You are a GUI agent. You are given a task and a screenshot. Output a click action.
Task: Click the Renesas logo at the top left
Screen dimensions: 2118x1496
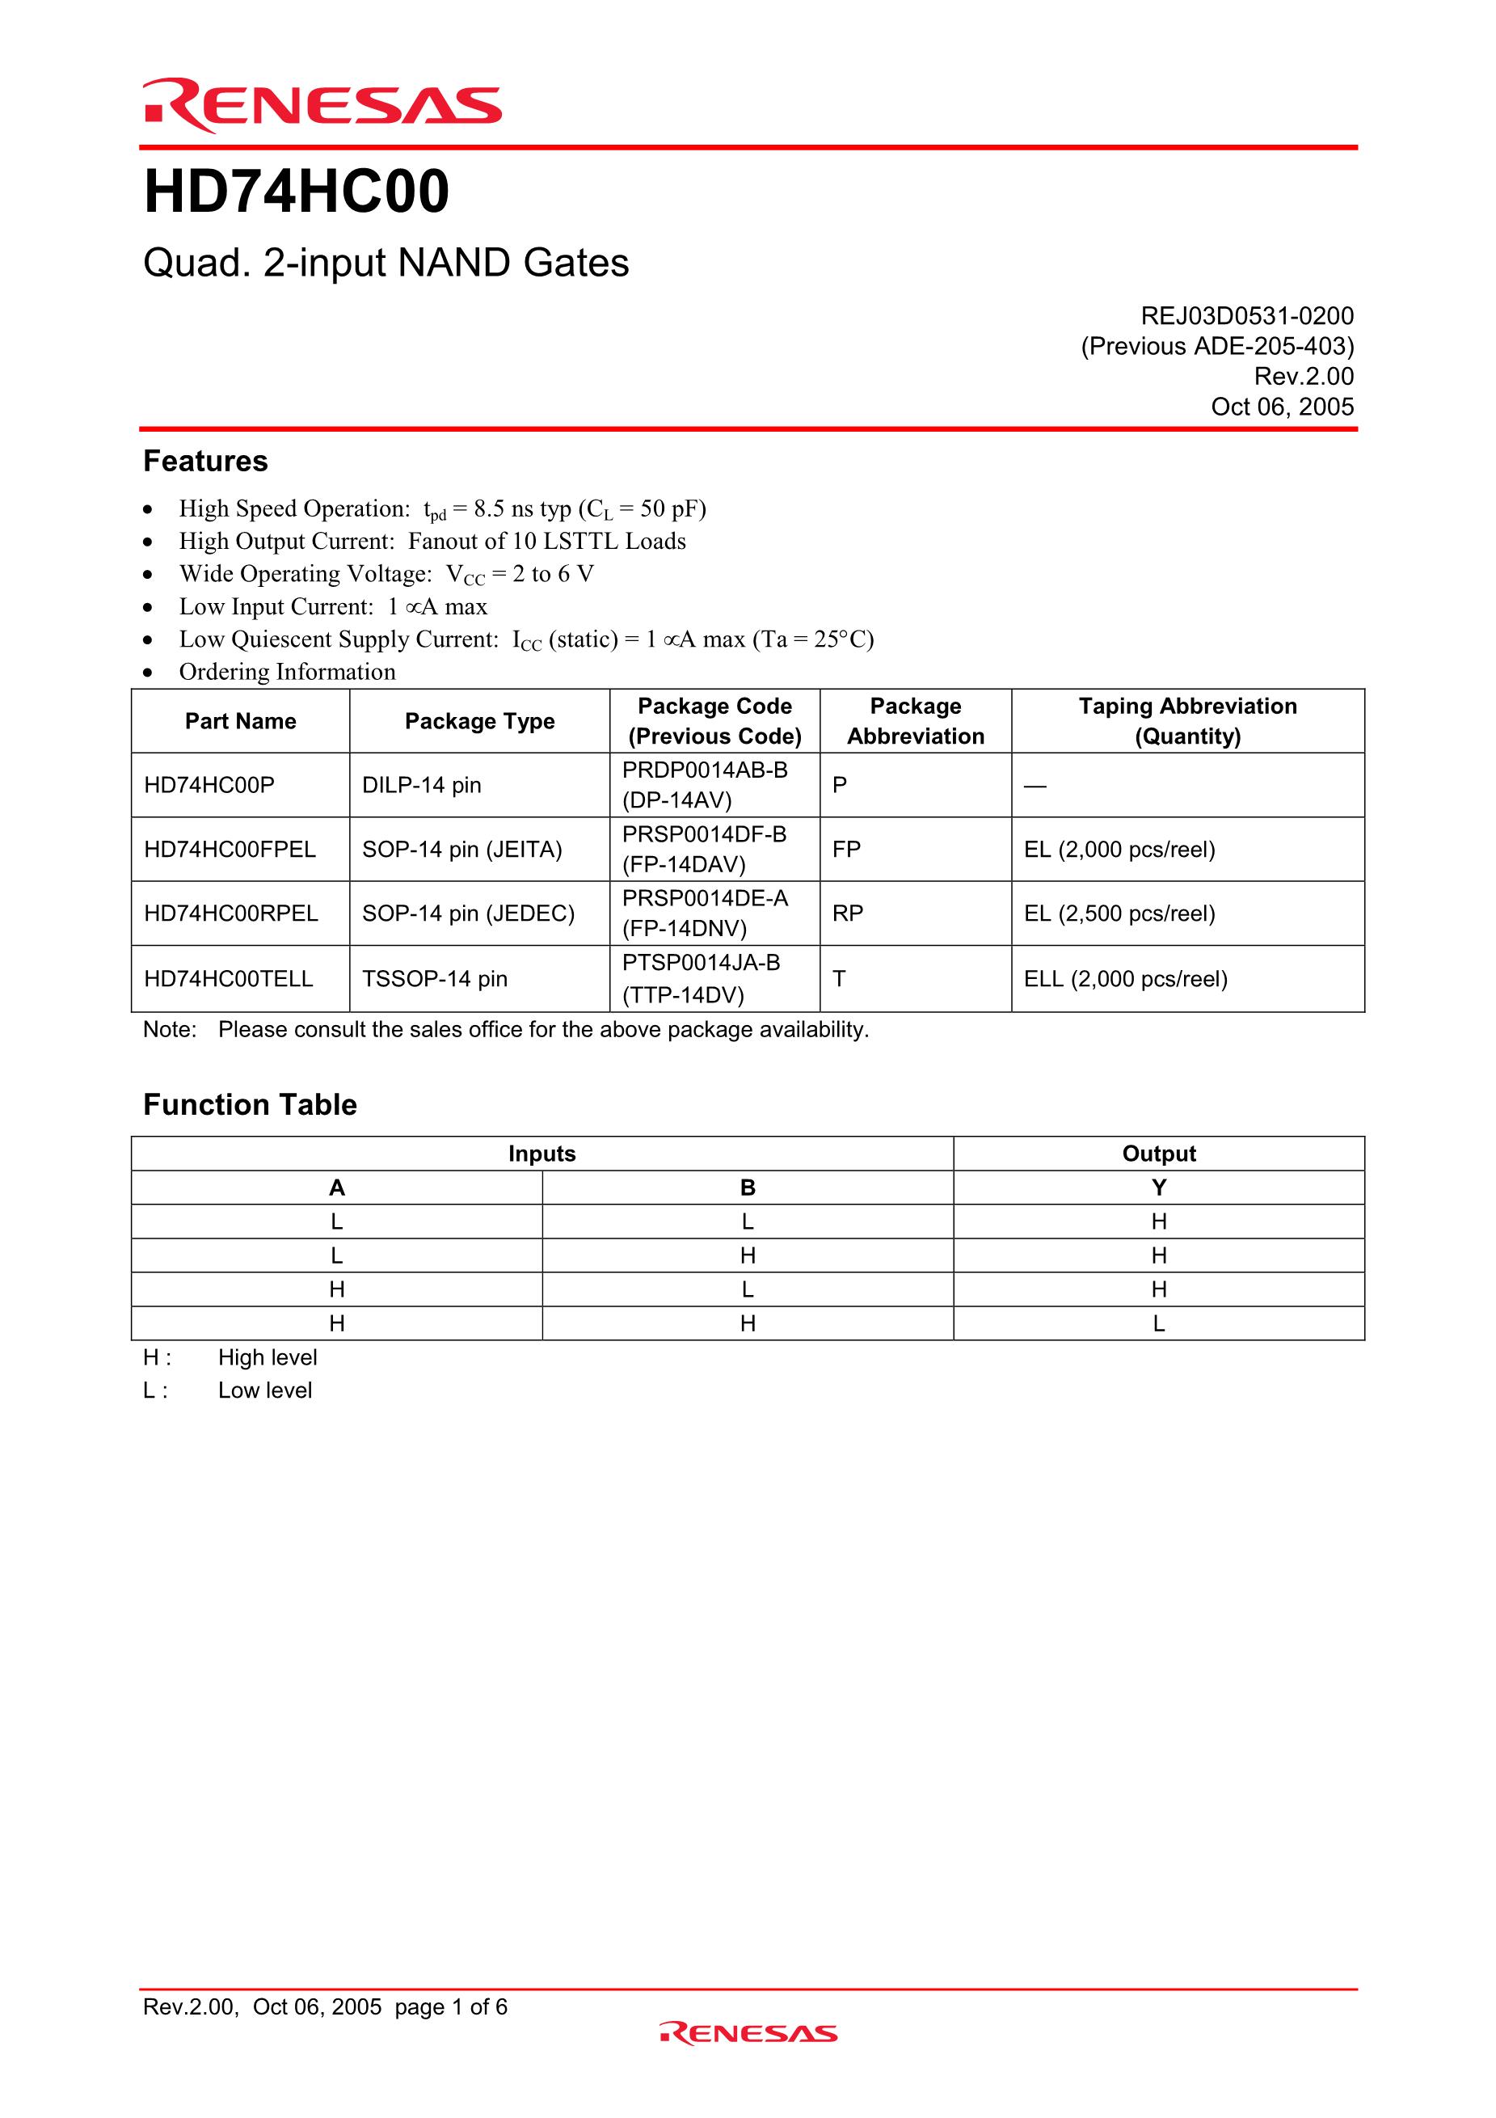point(322,107)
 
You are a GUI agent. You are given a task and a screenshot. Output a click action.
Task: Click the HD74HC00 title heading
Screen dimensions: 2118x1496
point(296,192)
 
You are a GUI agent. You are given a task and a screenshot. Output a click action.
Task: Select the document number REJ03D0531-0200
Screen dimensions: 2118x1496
point(1247,316)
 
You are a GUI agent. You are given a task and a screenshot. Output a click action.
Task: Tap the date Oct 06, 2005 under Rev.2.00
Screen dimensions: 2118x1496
point(1282,407)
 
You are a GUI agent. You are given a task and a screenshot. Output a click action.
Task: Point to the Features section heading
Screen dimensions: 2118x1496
point(205,462)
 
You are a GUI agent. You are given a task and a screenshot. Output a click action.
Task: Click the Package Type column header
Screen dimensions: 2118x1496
point(479,721)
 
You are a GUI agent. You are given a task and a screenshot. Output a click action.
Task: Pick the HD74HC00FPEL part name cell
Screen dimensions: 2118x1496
point(230,850)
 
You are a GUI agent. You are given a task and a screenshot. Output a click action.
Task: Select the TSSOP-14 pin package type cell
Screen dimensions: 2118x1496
point(434,979)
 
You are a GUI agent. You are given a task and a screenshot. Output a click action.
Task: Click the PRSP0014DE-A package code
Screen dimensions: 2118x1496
point(705,898)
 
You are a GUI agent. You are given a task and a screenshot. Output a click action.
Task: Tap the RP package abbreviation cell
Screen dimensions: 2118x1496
point(848,913)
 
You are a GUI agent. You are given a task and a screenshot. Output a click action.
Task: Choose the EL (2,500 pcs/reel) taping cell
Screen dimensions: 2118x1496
point(1119,913)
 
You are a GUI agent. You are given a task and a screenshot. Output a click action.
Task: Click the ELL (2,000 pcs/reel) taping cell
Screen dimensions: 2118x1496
point(1125,979)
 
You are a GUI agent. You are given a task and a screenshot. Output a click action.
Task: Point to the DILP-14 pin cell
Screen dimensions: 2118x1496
point(422,785)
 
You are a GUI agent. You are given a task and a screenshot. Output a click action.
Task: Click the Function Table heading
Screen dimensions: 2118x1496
point(250,1105)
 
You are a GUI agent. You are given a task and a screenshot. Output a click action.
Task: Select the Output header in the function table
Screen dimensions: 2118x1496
point(1158,1154)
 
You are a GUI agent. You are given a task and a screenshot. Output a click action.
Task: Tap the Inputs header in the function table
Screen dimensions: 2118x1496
point(542,1154)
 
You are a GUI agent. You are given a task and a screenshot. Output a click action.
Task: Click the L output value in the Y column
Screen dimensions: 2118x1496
point(1158,1324)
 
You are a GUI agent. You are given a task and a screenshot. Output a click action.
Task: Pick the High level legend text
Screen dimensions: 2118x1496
point(268,1358)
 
